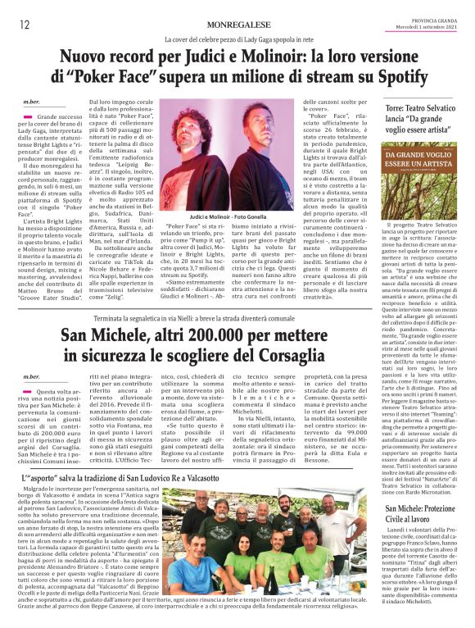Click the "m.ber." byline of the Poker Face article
coord(30,102)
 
